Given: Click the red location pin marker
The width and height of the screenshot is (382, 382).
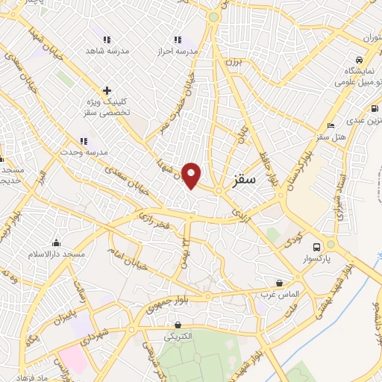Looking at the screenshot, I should tap(192, 175).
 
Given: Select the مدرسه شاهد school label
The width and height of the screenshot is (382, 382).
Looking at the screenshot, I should tap(107, 51).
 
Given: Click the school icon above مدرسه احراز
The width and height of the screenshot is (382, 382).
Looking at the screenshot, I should tap(178, 40).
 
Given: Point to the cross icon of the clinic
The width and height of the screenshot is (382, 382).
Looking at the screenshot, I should tap(107, 90).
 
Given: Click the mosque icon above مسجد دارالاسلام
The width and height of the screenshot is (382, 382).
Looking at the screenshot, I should tap(57, 242).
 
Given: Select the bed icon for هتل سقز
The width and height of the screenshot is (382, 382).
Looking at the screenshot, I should tap(330, 125).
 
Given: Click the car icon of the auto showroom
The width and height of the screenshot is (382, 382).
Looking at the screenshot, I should tap(359, 60).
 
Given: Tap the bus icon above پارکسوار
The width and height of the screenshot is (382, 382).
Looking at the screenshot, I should tap(316, 246).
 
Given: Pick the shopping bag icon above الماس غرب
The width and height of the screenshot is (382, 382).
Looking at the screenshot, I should tap(280, 283).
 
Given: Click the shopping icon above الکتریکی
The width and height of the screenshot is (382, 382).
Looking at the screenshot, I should tap(178, 325).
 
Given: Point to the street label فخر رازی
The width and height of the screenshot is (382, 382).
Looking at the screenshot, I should tap(154, 219).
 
